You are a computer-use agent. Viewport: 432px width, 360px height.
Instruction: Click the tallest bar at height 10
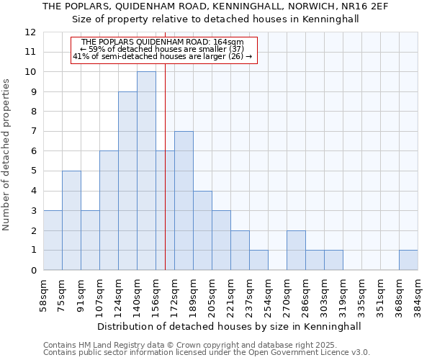point(146,171)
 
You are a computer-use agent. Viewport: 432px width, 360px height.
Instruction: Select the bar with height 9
point(127,181)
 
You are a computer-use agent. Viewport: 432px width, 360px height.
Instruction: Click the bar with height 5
point(71,220)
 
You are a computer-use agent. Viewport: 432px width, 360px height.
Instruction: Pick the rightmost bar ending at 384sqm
point(408,260)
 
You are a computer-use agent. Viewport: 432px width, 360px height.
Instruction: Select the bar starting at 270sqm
point(296,250)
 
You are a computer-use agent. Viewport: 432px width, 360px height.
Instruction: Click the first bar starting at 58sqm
point(53,240)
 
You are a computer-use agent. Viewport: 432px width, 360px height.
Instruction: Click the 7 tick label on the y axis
point(32,131)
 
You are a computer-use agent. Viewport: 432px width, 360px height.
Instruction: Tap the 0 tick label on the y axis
point(32,270)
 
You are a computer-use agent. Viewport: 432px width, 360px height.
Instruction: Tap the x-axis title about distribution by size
point(230,326)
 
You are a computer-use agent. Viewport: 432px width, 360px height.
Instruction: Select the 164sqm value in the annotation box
point(230,42)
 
